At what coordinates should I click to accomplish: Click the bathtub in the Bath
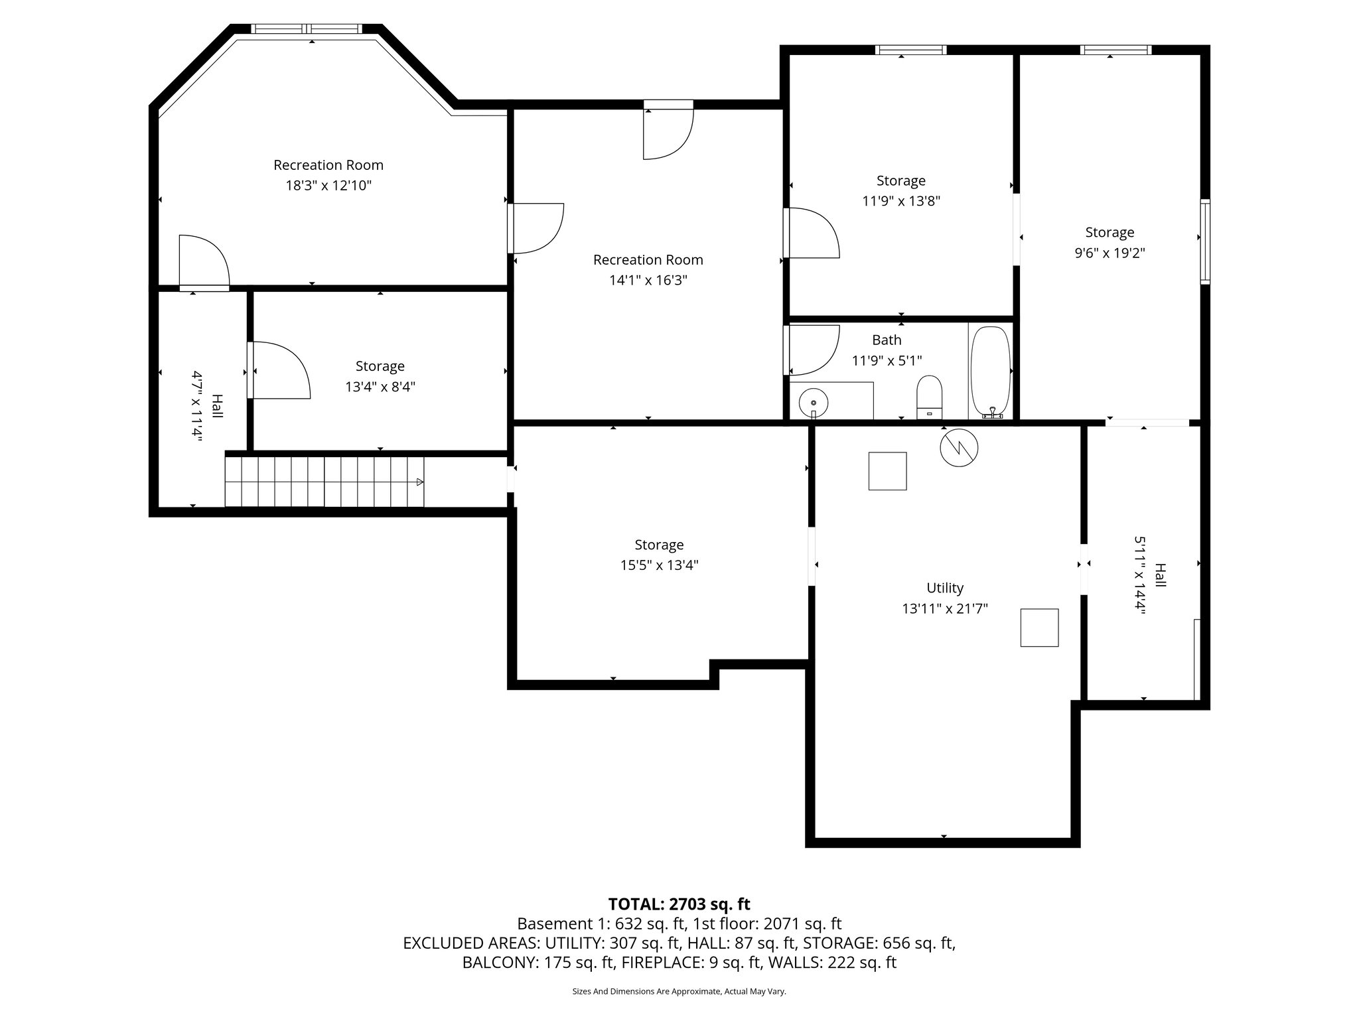pyautogui.click(x=990, y=372)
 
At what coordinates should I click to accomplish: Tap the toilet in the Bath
pyautogui.click(x=929, y=397)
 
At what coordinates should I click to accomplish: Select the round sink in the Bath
pyautogui.click(x=814, y=402)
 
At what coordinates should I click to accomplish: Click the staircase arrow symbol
pyautogui.click(x=419, y=482)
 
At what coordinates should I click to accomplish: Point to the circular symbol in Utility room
pyautogui.click(x=959, y=448)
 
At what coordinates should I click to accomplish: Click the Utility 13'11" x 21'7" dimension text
pyautogui.click(x=945, y=608)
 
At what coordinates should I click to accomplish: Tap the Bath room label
pyautogui.click(x=887, y=340)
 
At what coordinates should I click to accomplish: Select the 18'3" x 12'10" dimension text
pyautogui.click(x=328, y=185)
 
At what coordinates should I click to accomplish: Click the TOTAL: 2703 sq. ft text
pyautogui.click(x=679, y=904)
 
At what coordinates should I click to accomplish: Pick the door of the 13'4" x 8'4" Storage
pyautogui.click(x=279, y=370)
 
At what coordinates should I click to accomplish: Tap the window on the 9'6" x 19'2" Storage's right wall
pyautogui.click(x=1205, y=241)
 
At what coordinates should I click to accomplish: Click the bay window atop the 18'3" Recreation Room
pyautogui.click(x=307, y=29)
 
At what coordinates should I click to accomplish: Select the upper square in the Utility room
pyautogui.click(x=887, y=471)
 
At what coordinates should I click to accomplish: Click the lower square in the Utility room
pyautogui.click(x=1038, y=628)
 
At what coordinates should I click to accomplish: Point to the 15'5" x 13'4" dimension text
pyautogui.click(x=659, y=565)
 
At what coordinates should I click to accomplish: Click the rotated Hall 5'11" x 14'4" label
pyautogui.click(x=1149, y=575)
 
